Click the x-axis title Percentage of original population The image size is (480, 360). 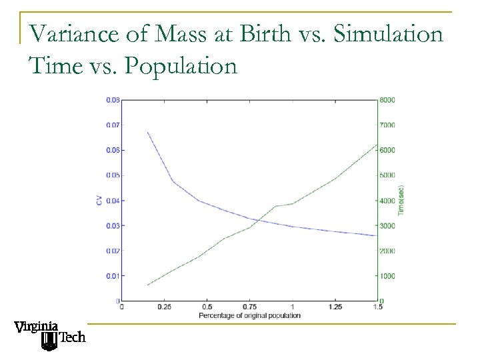(x=249, y=315)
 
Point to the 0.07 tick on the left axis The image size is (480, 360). (x=113, y=125)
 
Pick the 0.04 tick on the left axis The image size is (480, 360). (x=113, y=201)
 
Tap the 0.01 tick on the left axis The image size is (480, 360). (x=113, y=276)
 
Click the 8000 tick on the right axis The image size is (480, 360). (x=387, y=100)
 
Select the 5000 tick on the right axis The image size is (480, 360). (x=387, y=175)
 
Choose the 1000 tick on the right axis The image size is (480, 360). (x=387, y=276)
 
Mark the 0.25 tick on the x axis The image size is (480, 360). (x=163, y=307)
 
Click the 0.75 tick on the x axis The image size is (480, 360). (x=249, y=307)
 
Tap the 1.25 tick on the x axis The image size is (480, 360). (x=335, y=307)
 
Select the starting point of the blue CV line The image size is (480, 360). (x=147, y=132)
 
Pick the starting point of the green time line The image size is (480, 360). (x=147, y=285)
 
